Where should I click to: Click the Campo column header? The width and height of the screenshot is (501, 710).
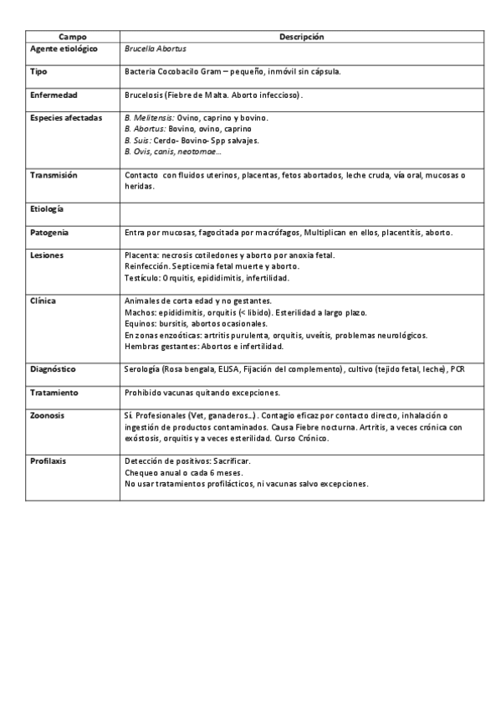[72, 37]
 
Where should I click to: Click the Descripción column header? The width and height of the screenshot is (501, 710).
[301, 37]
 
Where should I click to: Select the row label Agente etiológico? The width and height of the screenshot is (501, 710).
[64, 49]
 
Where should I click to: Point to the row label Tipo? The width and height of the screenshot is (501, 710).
[38, 72]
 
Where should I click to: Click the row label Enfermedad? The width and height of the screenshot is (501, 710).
[54, 95]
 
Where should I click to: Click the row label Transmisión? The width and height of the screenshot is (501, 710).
[54, 175]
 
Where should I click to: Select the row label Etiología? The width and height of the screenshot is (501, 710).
[47, 208]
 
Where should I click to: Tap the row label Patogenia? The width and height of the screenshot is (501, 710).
[49, 231]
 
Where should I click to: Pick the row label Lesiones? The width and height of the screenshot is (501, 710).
[47, 255]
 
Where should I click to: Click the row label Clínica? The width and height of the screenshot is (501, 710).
[43, 300]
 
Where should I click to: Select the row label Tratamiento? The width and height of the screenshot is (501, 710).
[54, 392]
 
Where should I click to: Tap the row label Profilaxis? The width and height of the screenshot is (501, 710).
[49, 460]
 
